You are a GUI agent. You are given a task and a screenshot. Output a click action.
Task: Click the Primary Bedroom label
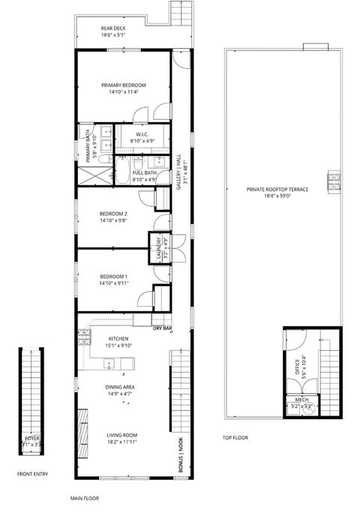coord(124,85)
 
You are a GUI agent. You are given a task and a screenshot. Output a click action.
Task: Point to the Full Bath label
coord(144,173)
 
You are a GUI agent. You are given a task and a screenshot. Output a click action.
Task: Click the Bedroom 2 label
coord(114,214)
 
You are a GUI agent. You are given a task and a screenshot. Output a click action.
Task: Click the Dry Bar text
coord(163,328)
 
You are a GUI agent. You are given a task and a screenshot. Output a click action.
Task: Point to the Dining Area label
coord(119,387)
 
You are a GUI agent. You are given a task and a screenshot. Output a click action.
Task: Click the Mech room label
coord(301,400)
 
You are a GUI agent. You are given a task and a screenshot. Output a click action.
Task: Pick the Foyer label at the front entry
coord(31,437)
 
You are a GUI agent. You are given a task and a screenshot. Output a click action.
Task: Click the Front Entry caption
coord(33,474)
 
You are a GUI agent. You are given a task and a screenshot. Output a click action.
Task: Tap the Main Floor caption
coord(85,497)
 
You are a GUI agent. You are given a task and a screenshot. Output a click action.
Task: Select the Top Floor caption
coord(235,437)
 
